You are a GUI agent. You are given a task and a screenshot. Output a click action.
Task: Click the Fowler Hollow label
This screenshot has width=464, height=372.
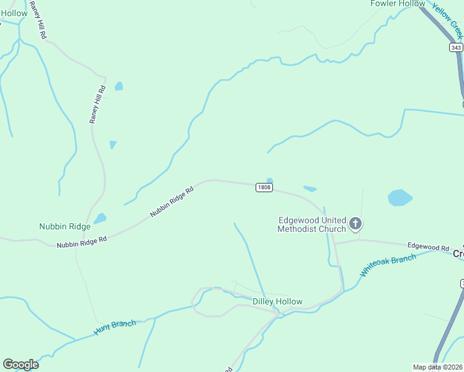(x=398, y=4)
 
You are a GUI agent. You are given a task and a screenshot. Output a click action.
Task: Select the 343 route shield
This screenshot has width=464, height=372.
(x=456, y=48)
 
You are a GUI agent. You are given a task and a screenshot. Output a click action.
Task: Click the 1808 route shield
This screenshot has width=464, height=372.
(x=264, y=187)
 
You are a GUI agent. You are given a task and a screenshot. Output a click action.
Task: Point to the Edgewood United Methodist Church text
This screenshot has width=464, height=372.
(x=311, y=224)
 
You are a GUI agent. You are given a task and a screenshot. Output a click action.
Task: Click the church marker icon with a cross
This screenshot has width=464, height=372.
(x=355, y=223)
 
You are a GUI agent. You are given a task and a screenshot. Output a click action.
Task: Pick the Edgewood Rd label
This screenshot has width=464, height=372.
(x=427, y=247)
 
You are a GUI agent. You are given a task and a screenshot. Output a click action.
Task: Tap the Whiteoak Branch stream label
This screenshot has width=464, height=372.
(x=388, y=265)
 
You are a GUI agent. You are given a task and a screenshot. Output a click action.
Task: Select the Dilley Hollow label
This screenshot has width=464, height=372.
(x=277, y=302)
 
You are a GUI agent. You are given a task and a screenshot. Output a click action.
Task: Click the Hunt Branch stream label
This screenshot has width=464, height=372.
(x=115, y=327)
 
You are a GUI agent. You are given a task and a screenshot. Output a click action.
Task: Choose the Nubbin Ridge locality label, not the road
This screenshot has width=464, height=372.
(x=65, y=227)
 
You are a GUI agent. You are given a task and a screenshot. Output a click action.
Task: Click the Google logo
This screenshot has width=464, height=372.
(x=20, y=365)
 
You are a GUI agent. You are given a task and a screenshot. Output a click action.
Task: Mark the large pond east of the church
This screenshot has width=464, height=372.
(x=400, y=198)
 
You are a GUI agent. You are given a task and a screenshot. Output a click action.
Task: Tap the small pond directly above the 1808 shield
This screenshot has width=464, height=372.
(x=270, y=181)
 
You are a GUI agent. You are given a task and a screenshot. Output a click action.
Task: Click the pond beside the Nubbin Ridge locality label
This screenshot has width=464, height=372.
(x=100, y=218)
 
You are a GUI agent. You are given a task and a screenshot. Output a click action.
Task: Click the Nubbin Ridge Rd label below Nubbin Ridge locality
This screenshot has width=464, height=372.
(x=82, y=242)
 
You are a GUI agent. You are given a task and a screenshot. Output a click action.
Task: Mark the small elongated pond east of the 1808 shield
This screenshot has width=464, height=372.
(x=310, y=188)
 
